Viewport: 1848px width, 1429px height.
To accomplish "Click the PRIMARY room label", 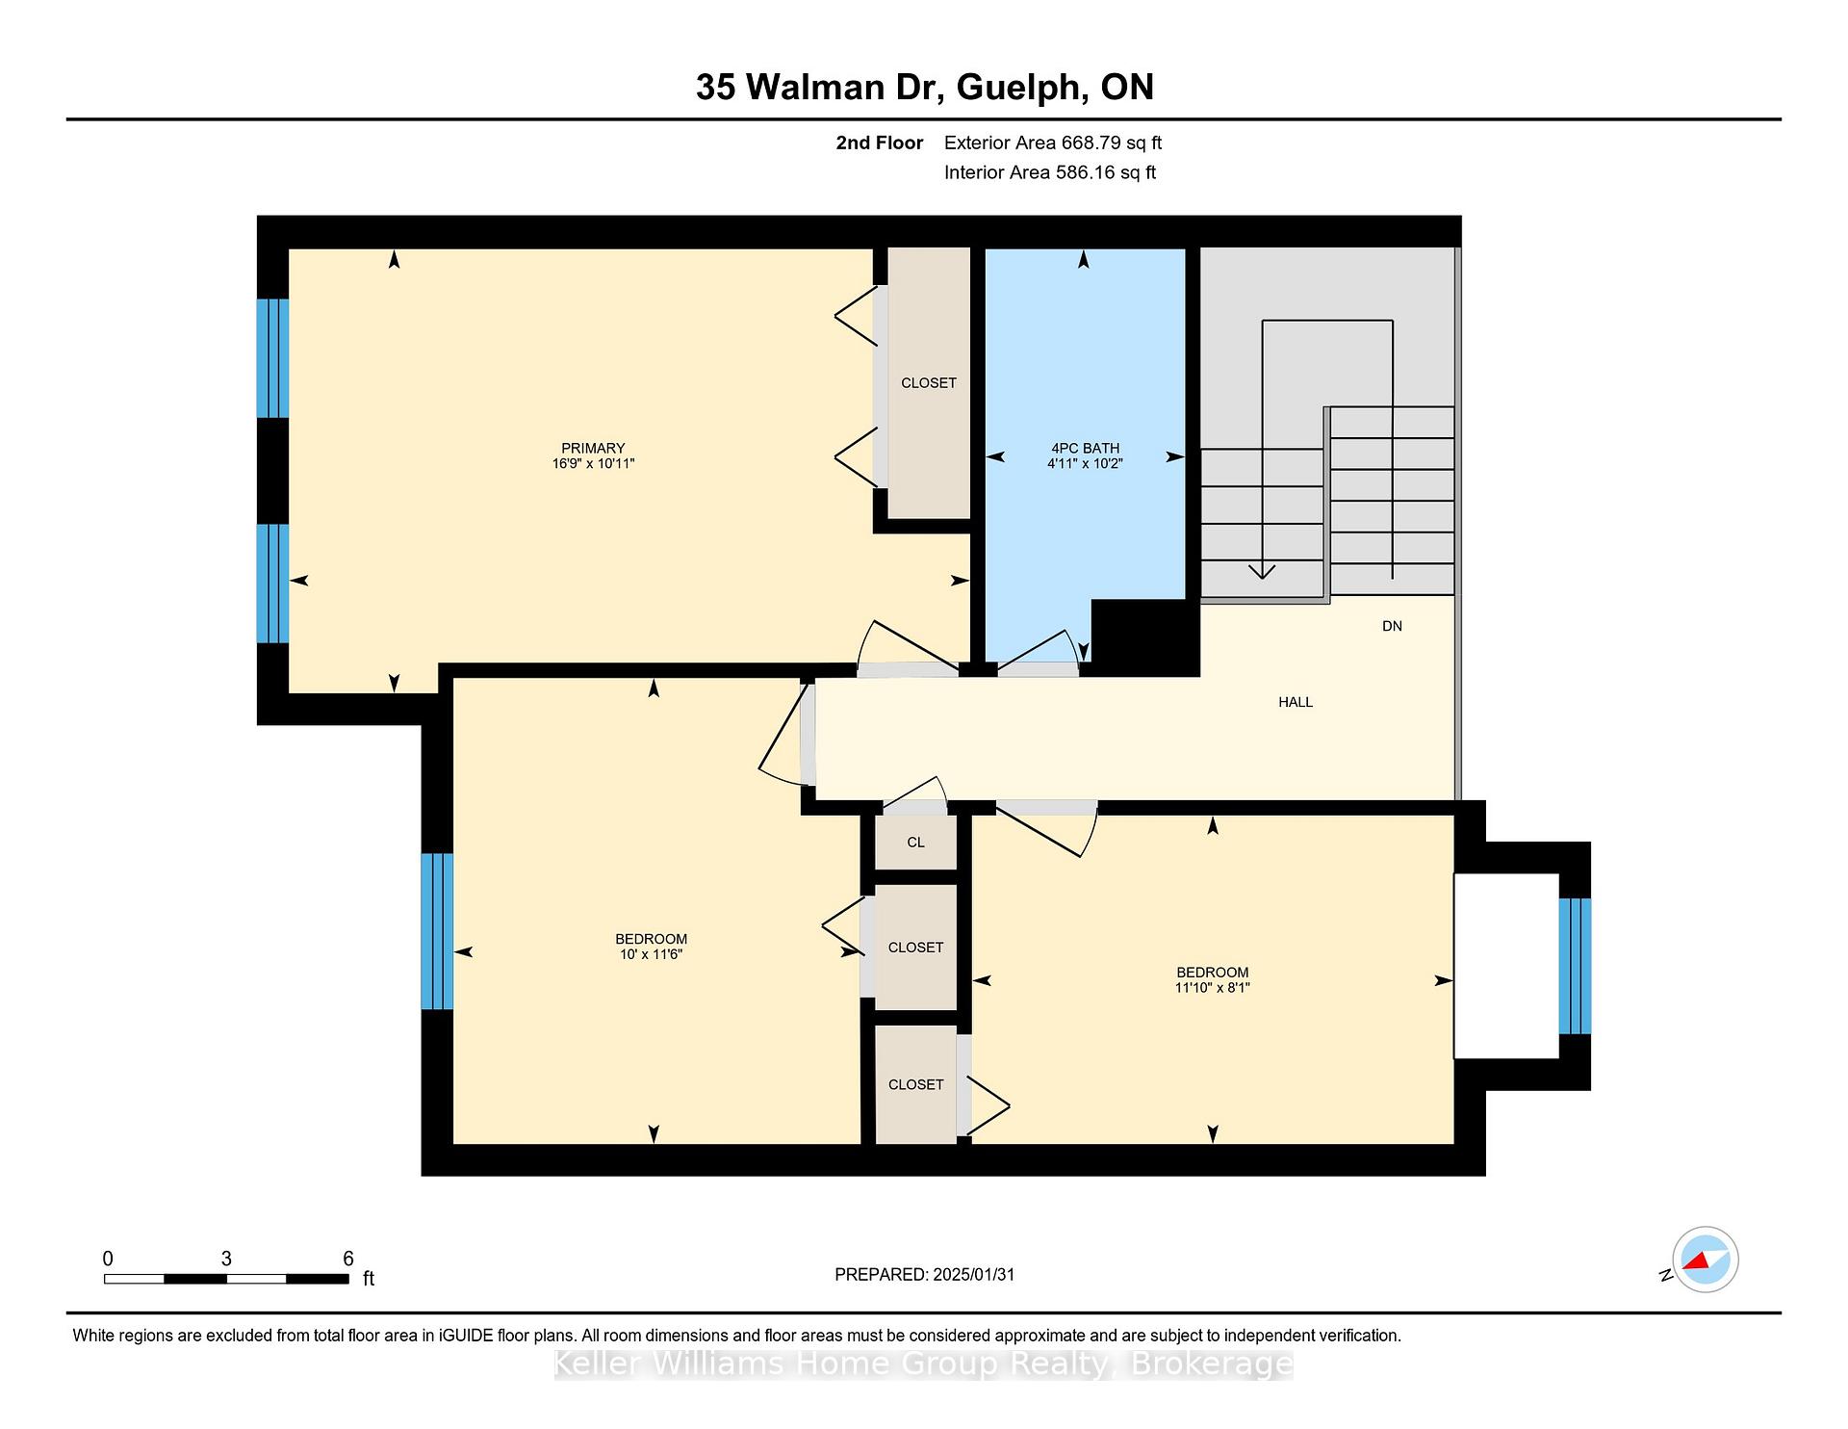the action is pos(593,448).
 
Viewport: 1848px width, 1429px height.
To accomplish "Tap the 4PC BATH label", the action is pos(1085,448).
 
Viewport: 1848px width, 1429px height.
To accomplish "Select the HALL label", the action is pos(1296,702).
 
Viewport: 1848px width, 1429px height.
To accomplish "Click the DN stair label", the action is pos(1392,626).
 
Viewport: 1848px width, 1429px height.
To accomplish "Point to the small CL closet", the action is pos(915,843).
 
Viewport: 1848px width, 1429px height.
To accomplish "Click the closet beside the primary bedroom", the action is pos(929,382).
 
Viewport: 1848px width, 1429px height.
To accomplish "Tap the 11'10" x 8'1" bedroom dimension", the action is pos(1212,988).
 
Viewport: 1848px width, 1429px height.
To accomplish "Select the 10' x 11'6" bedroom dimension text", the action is pos(652,954).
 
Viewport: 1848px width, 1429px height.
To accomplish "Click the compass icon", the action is pos(1705,1260).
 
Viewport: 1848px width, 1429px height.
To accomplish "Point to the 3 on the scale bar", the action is pos(226,1259).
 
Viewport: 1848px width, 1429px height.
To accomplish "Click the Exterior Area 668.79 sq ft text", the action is pos(1053,143).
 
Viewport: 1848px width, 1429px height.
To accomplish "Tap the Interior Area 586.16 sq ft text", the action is pos(1050,172).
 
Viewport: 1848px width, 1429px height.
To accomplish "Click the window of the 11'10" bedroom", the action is pos(1575,966).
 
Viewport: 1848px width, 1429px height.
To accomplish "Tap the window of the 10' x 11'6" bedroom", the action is pos(437,931).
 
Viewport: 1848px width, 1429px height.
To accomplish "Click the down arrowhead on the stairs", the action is pos(1262,572).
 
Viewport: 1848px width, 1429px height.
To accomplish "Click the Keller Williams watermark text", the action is pos(924,1364).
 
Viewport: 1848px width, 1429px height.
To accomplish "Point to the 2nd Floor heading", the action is pos(880,143).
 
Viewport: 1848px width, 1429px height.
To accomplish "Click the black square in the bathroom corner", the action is pos(1145,637).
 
